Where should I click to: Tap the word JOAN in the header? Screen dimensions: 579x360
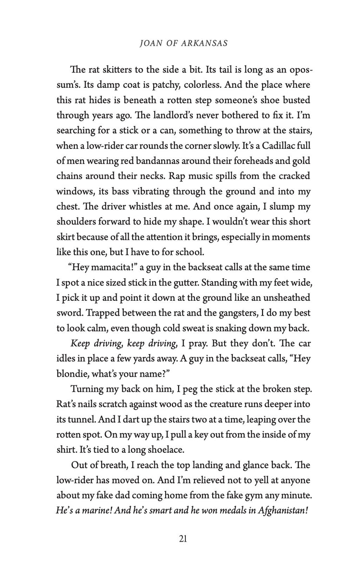point(150,43)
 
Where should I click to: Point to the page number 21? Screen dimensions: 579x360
point(182,539)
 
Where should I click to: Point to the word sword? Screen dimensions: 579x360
point(70,313)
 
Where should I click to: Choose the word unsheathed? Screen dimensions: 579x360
point(286,297)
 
